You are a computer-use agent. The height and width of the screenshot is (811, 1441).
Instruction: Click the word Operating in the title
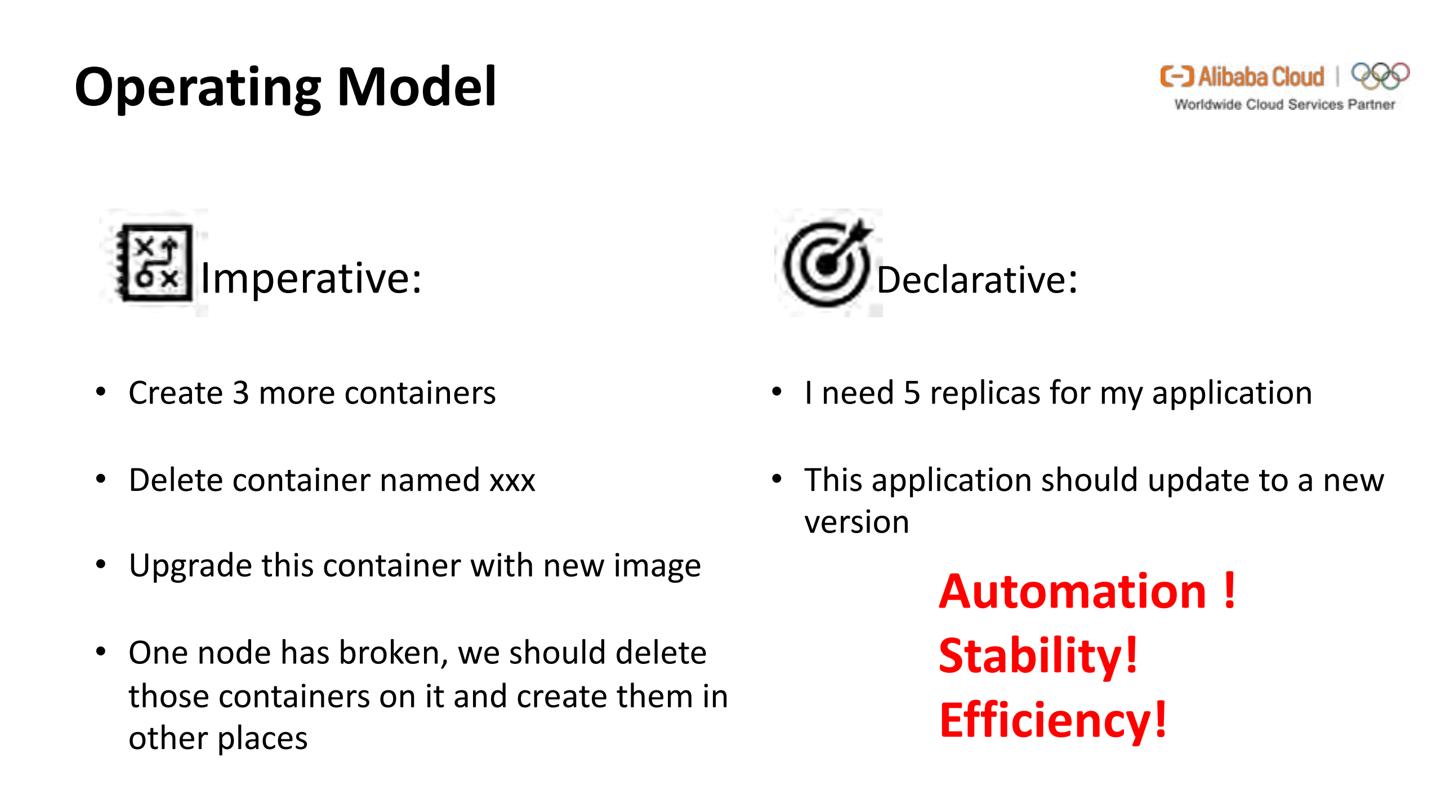(x=197, y=87)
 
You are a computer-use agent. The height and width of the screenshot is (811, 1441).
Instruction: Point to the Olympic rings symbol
(x=1380, y=76)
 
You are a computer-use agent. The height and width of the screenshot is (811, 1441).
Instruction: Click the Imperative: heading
(x=311, y=278)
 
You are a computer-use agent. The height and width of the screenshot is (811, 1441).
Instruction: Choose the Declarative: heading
(x=977, y=280)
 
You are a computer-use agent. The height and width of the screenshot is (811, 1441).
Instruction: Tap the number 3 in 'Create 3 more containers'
(x=240, y=393)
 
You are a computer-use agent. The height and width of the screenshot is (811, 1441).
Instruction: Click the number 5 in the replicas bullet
(x=912, y=393)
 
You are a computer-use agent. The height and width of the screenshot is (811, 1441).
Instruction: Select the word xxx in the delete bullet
(x=512, y=481)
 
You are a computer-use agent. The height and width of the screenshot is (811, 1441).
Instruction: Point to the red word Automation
(x=1072, y=592)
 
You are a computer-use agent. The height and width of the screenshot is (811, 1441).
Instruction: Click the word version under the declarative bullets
(x=856, y=522)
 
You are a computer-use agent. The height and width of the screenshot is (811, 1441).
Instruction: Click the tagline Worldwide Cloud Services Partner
(x=1284, y=105)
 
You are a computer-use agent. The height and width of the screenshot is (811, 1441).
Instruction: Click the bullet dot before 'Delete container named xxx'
(x=101, y=480)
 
